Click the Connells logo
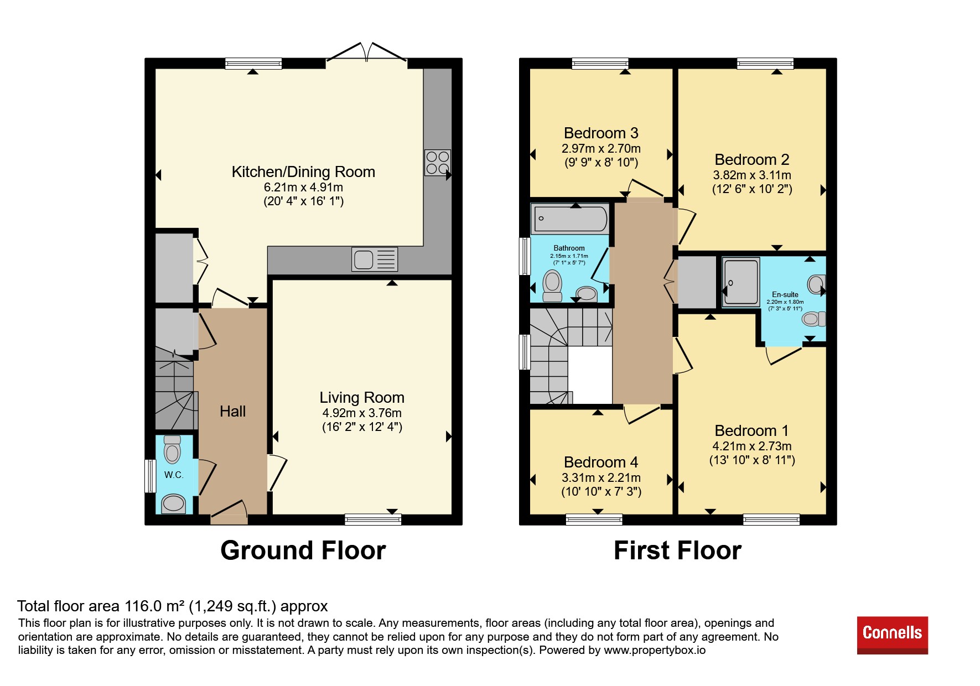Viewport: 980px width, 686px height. (x=892, y=635)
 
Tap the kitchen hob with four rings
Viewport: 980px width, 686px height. (x=437, y=163)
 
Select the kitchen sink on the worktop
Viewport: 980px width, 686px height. (x=374, y=259)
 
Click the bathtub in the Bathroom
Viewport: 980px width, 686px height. (x=570, y=219)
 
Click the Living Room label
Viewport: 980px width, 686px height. (x=362, y=398)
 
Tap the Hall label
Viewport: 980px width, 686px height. (x=232, y=412)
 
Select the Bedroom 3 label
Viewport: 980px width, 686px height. (x=601, y=133)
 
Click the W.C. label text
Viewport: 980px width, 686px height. (x=174, y=475)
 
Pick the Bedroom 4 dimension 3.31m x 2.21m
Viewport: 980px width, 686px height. (x=601, y=478)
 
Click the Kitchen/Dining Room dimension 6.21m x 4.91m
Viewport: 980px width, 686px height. (x=303, y=188)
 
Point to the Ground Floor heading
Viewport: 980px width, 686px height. (x=303, y=551)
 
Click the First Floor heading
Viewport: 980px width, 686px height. (x=677, y=551)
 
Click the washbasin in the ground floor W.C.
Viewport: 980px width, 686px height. (x=173, y=503)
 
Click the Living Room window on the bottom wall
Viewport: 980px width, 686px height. (x=373, y=519)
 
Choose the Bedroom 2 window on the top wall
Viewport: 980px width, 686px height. (x=765, y=64)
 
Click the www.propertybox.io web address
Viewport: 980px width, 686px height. (x=655, y=650)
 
